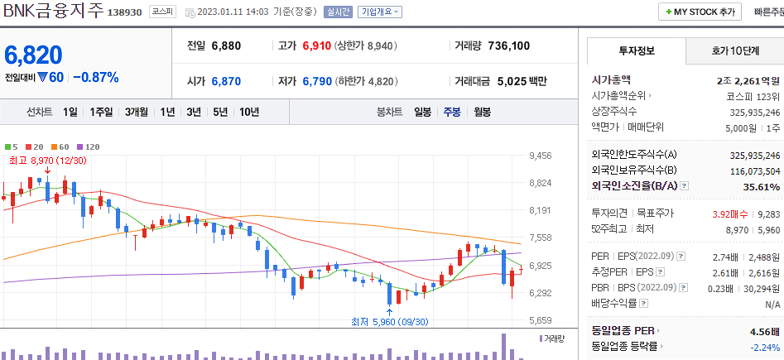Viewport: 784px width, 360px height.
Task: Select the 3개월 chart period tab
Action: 137,112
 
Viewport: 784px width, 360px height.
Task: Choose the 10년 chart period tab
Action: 249,112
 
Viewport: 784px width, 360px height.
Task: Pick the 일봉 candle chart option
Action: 422,112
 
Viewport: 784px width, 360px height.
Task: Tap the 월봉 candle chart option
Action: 483,112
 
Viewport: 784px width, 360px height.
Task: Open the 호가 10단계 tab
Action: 734,51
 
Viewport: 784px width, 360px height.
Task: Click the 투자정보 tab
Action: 636,51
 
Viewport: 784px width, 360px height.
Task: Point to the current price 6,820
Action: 34,55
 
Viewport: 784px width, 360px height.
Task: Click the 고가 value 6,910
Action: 316,46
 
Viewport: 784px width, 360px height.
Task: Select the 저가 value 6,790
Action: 316,81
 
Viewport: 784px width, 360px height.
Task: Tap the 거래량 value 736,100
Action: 509,46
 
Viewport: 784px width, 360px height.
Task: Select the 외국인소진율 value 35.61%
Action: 761,187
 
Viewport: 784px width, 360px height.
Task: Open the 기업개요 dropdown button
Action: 380,12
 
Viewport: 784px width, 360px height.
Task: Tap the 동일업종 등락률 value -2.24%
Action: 762,347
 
